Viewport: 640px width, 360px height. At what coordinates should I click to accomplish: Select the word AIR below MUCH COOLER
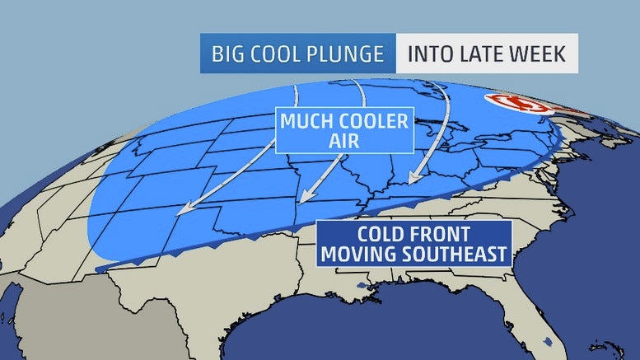(x=340, y=142)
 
